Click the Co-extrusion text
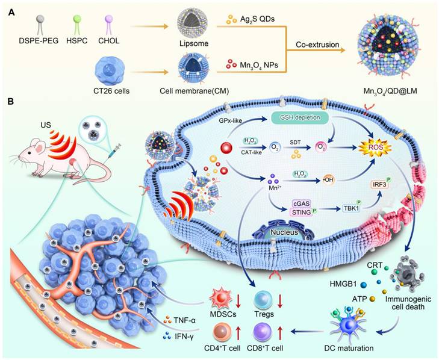click(313, 45)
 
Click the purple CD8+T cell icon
click(263, 331)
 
